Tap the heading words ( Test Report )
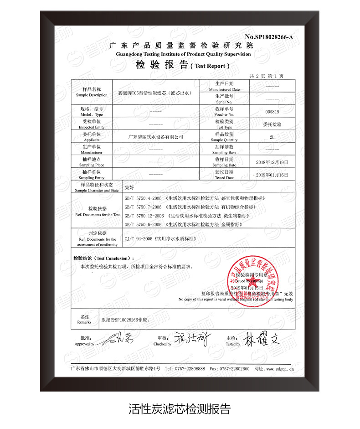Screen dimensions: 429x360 [x=210, y=66]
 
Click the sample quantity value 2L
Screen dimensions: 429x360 [x=272, y=137]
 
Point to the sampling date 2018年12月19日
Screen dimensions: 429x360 [x=272, y=162]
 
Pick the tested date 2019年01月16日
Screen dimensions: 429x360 [x=272, y=175]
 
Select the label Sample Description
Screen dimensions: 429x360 [x=92, y=95]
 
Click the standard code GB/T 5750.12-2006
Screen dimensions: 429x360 [x=144, y=216]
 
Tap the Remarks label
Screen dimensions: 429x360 [x=85, y=319]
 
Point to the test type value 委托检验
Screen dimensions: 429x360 [x=272, y=124]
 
